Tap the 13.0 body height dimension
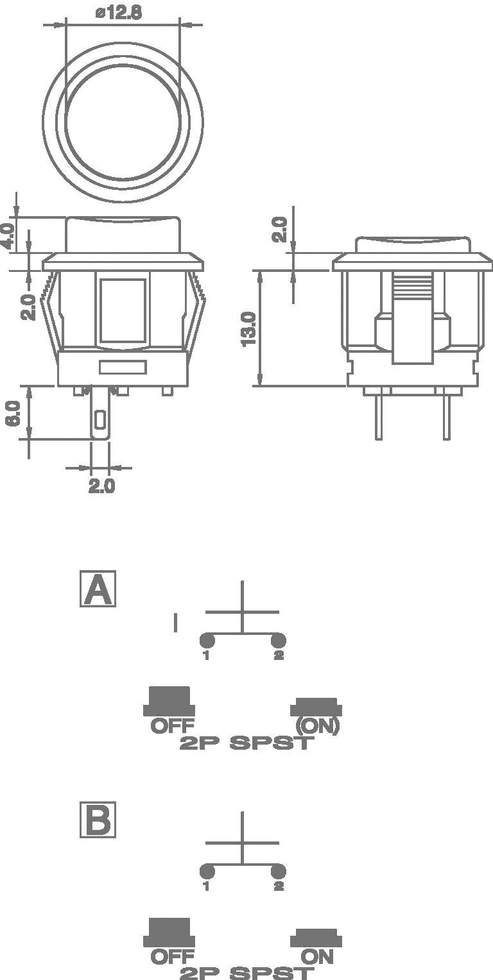click(x=250, y=328)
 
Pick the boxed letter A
click(x=98, y=589)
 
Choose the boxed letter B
click(x=98, y=820)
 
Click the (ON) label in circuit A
click(x=316, y=726)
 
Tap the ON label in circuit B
click(x=317, y=957)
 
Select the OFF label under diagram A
click(x=172, y=726)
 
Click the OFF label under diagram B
click(x=172, y=957)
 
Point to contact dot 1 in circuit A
click(x=207, y=640)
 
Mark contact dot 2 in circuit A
click(x=278, y=640)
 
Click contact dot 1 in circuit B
click(x=207, y=871)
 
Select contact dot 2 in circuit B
click(x=278, y=871)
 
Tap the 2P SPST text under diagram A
click(x=246, y=743)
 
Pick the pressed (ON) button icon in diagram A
click(x=316, y=707)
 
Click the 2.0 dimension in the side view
click(x=279, y=229)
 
